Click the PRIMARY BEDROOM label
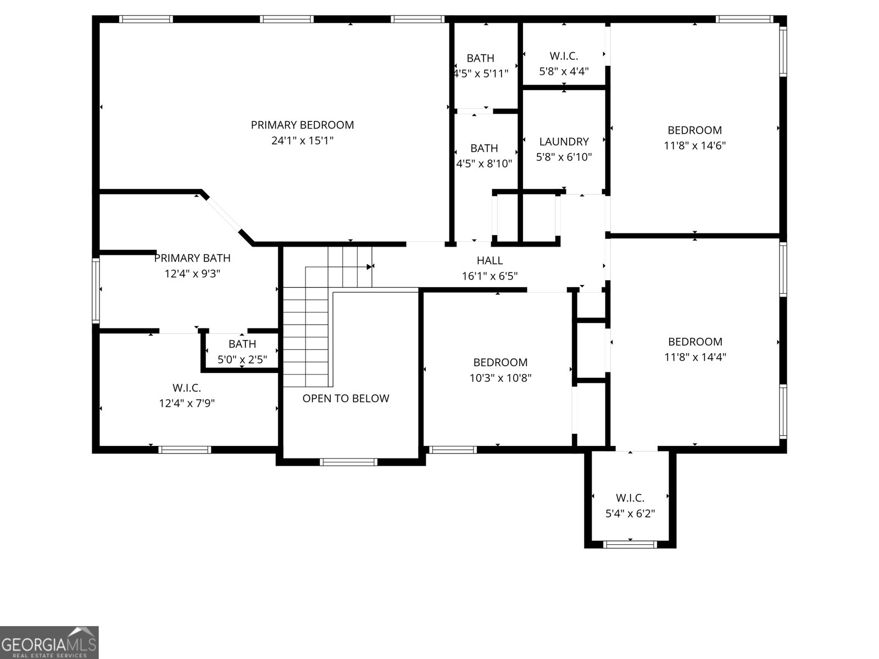coord(302,125)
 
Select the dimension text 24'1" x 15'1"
coord(302,141)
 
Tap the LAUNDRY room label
coord(564,142)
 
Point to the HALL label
coord(489,260)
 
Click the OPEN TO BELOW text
coord(346,398)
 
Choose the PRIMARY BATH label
coord(192,258)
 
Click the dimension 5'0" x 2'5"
coord(242,360)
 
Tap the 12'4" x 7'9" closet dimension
coord(187,403)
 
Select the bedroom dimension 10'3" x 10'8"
coord(500,378)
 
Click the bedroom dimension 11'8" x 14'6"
coord(694,146)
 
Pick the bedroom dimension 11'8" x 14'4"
coord(695,357)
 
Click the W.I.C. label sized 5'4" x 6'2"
coord(630,498)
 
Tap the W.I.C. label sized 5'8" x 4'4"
coord(564,55)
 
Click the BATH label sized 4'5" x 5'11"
coord(480,58)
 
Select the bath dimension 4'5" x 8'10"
coord(484,163)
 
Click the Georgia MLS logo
coord(49,642)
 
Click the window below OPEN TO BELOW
coord(348,462)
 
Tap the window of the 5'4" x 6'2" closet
coord(630,544)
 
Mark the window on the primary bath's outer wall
coord(96,290)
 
